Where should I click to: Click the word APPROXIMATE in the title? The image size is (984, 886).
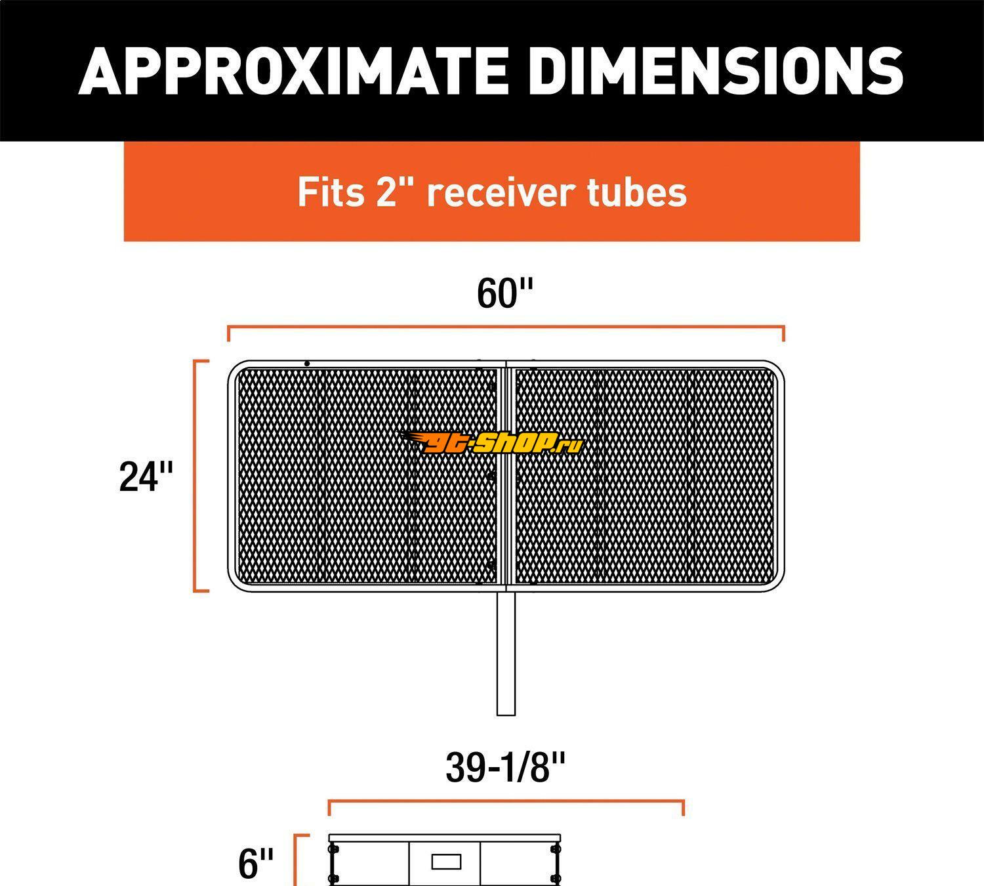pyautogui.click(x=293, y=71)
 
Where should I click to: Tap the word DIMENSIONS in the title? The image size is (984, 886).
pyautogui.click(x=716, y=71)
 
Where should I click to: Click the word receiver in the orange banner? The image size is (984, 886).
pyautogui.click(x=501, y=192)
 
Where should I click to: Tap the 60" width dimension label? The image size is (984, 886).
pyautogui.click(x=504, y=293)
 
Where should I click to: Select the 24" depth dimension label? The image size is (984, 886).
pyautogui.click(x=146, y=476)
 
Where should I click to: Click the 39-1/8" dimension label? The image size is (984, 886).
pyautogui.click(x=505, y=767)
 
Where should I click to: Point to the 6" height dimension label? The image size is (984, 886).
pyautogui.click(x=256, y=863)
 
